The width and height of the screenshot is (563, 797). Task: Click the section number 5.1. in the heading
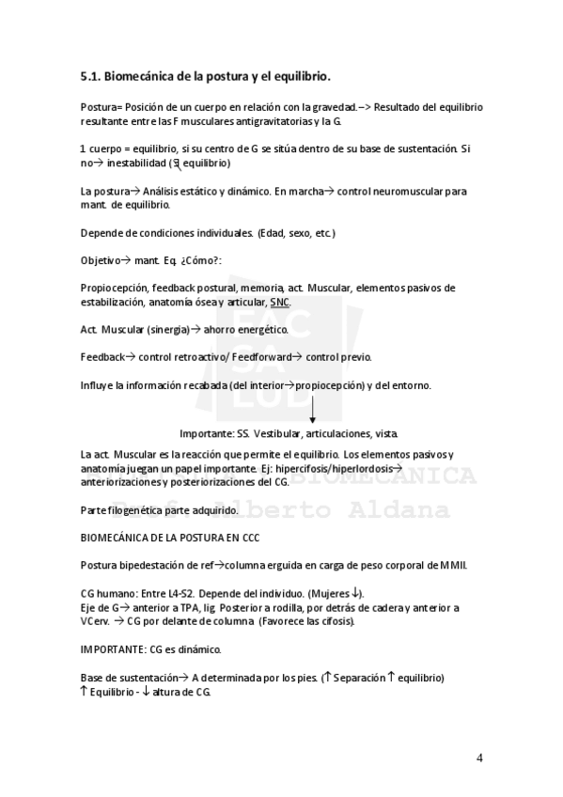[x=90, y=74]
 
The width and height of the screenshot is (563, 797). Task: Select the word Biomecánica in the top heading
[x=142, y=74]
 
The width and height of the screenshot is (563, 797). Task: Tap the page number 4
[x=479, y=758]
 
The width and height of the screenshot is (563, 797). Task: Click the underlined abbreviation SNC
[x=280, y=303]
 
